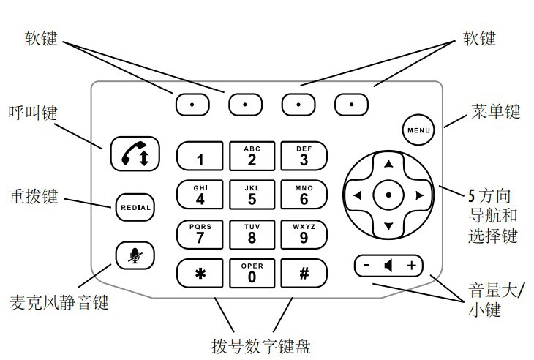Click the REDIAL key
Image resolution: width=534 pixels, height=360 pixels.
tap(135, 207)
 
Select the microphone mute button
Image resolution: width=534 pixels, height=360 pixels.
tap(135, 255)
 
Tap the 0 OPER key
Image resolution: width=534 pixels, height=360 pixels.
tap(252, 273)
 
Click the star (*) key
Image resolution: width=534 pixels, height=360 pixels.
tap(199, 273)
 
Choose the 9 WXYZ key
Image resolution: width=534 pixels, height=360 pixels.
tap(304, 234)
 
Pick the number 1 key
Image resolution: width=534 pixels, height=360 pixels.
tap(199, 157)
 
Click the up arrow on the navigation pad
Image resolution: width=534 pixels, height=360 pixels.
tap(388, 163)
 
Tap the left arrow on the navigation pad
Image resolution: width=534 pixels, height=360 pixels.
tap(357, 195)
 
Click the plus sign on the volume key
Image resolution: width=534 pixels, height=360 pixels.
tap(411, 266)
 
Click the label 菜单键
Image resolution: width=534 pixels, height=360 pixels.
tap(495, 112)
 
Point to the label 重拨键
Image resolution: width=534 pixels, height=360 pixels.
tap(34, 198)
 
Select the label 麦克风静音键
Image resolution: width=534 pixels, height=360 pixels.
tap(59, 302)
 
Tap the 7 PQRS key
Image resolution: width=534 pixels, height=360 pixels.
tap(199, 234)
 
